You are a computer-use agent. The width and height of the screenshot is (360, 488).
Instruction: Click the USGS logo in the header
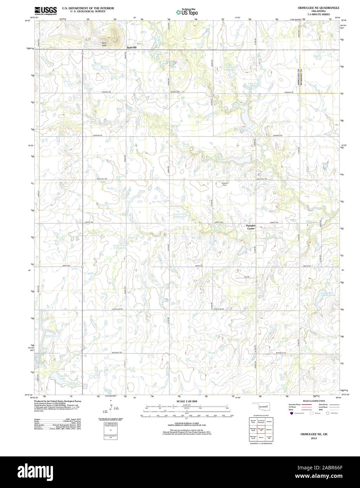[x=46, y=11]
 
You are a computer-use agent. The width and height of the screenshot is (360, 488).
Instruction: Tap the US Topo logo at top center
[x=187, y=12]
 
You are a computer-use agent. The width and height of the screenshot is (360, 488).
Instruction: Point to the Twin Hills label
[x=104, y=44]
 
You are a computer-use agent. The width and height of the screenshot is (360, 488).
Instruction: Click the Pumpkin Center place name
[x=251, y=227]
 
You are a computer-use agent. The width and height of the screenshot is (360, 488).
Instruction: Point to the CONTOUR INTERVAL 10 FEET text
[x=187, y=424]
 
